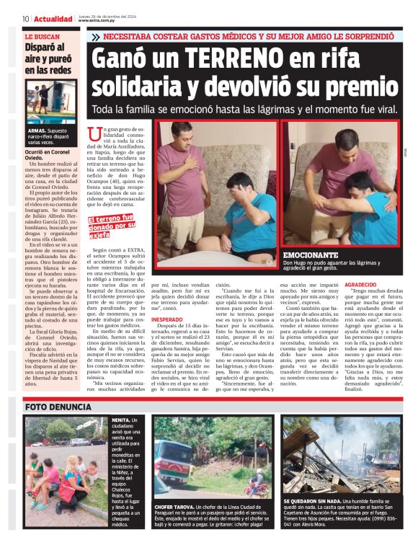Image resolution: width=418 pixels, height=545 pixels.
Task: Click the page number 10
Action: click(25, 19)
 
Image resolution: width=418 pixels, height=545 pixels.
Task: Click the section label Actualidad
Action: click(53, 19)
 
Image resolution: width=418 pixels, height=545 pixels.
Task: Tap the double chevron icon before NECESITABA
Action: click(94, 36)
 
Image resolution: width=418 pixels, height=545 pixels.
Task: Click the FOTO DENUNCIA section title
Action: click(55, 406)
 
